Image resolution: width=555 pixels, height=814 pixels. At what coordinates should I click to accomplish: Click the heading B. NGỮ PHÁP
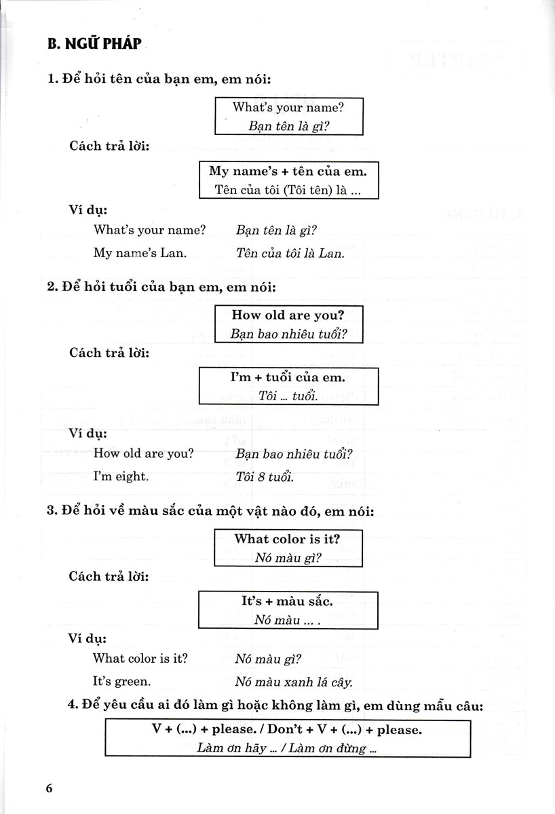tap(94, 45)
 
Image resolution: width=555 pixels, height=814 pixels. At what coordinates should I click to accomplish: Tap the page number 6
tap(49, 789)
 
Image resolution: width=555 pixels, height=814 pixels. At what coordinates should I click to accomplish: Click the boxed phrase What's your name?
tap(288, 107)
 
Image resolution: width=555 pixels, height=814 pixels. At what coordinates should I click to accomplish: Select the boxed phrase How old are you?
tap(288, 315)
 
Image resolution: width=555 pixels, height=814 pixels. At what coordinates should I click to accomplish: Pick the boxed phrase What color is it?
tap(288, 539)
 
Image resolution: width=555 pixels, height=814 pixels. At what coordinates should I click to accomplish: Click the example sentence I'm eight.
tap(120, 476)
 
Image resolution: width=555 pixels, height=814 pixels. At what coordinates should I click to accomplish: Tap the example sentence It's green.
tap(122, 681)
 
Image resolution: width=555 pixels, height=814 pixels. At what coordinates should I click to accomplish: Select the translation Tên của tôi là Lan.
tap(290, 254)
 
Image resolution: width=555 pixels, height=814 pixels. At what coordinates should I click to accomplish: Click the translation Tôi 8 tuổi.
tap(265, 477)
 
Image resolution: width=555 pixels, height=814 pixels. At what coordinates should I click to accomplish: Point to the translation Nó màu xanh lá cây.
tap(293, 682)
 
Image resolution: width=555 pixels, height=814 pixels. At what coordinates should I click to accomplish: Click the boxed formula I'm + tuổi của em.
tap(288, 376)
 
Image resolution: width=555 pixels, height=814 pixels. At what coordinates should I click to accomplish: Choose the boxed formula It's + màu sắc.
tap(288, 601)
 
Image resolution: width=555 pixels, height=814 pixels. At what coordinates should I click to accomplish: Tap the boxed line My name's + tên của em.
tap(288, 171)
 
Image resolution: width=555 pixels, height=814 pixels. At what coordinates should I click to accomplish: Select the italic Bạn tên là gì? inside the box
tap(288, 125)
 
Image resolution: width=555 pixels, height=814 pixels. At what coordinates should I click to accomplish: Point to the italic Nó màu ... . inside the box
tap(286, 619)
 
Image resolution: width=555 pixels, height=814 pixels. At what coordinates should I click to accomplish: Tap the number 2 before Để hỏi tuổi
tap(51, 287)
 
